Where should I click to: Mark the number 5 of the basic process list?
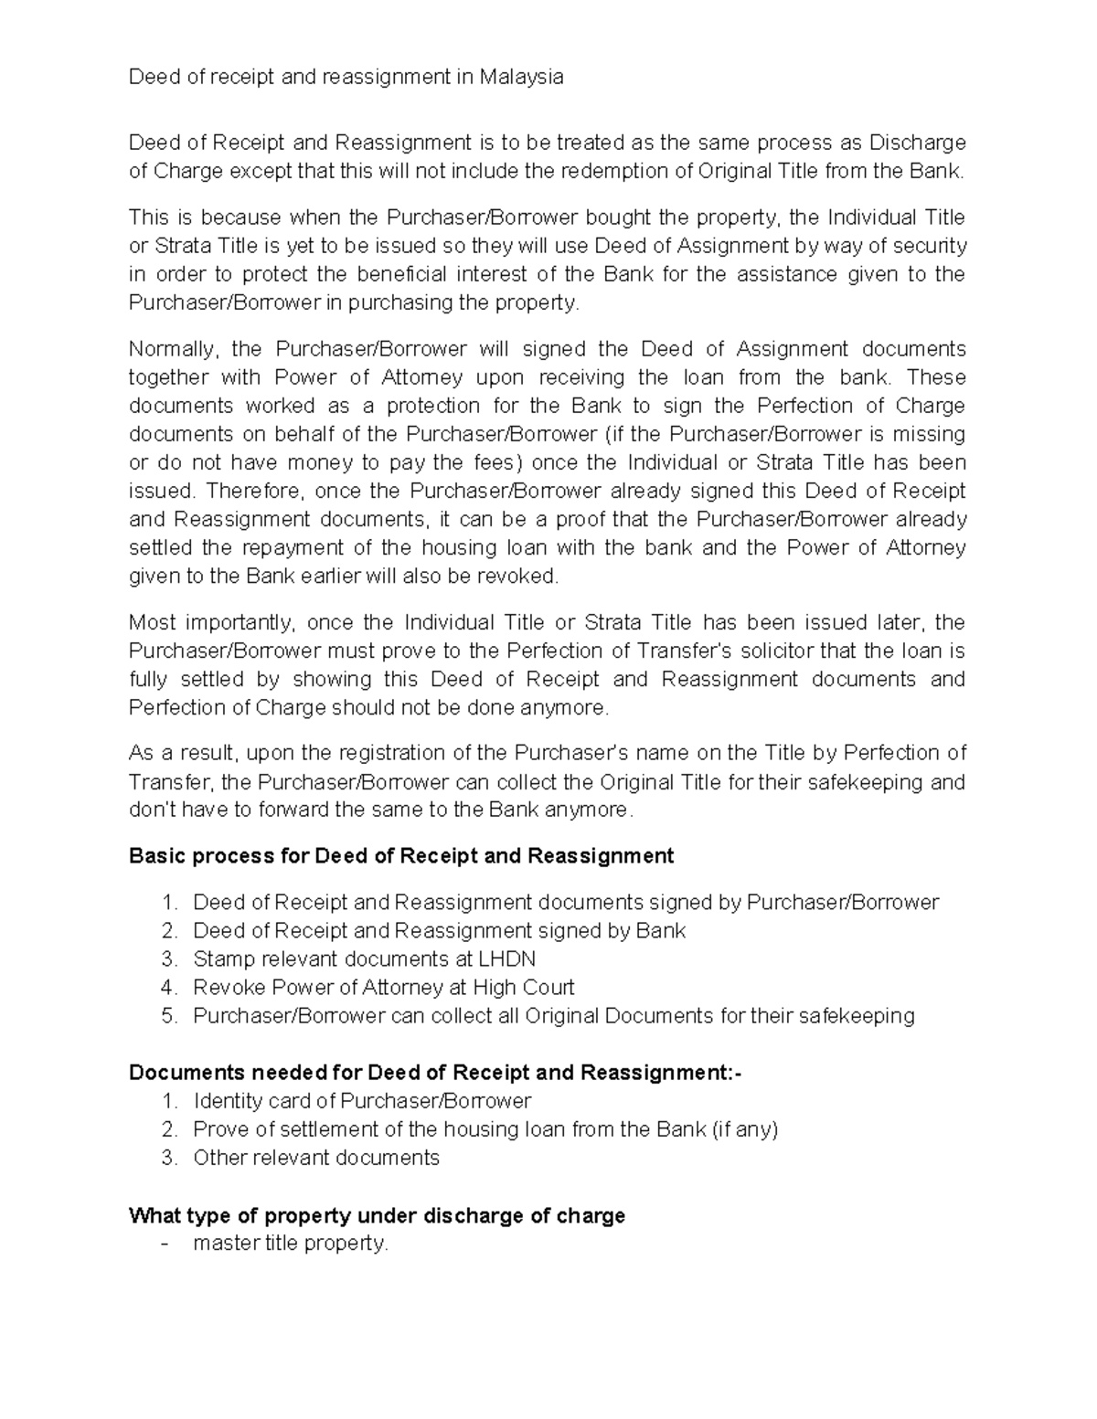[x=167, y=1016]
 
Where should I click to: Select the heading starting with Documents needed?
[x=435, y=1073]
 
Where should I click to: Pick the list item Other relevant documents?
[x=316, y=1158]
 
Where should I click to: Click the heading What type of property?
[x=377, y=1216]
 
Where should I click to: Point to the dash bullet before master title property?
[x=165, y=1244]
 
